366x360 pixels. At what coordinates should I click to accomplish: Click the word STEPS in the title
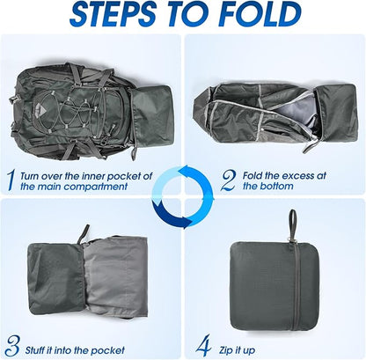point(113,14)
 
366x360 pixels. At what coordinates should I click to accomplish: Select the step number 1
point(11,180)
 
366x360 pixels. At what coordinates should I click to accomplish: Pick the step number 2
point(229,180)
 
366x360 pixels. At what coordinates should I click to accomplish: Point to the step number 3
point(12,346)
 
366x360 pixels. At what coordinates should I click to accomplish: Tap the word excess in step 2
point(294,176)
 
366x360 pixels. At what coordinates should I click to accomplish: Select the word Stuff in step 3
point(34,350)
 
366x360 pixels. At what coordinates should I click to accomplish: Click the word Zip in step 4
point(226,350)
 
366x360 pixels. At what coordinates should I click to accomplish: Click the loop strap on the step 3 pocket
point(84,234)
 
